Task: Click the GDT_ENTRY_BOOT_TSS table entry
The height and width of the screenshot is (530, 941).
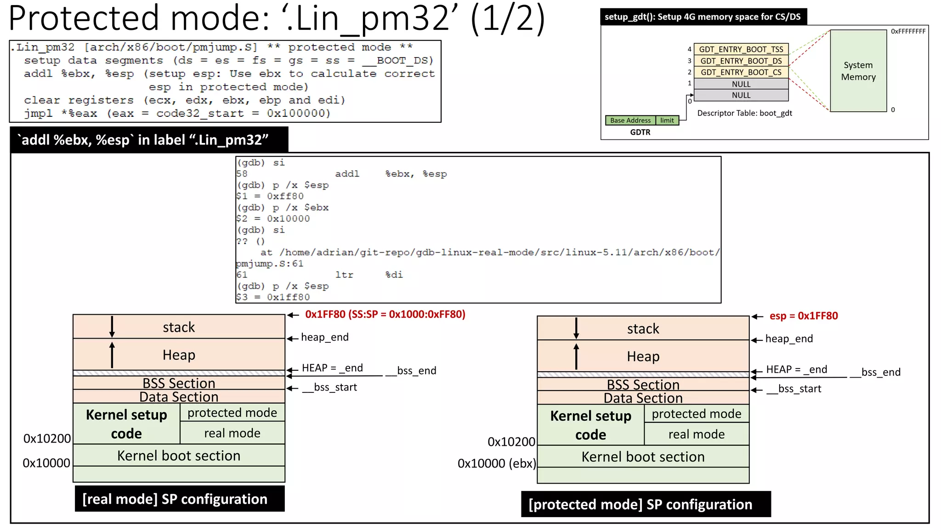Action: (x=741, y=49)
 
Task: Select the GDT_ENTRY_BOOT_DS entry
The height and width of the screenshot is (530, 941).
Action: (x=741, y=61)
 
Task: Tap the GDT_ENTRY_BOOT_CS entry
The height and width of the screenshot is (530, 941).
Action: (x=741, y=72)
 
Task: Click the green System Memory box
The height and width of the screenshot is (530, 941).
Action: (x=858, y=71)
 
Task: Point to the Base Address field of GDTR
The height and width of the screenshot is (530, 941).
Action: (x=630, y=121)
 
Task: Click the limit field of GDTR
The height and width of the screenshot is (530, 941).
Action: (x=667, y=121)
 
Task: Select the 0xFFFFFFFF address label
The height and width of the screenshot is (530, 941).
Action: (x=908, y=31)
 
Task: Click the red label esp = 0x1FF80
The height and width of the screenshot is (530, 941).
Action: (x=803, y=316)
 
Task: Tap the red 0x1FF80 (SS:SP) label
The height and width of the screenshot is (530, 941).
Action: (x=385, y=314)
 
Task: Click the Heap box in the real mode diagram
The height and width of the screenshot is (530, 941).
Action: (x=179, y=355)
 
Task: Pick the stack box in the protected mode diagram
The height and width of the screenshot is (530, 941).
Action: (x=643, y=328)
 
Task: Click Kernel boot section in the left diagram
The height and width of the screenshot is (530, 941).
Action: (x=179, y=455)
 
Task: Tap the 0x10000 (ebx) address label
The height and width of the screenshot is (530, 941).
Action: (x=496, y=463)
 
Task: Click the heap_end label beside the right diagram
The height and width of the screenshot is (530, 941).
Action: (x=788, y=339)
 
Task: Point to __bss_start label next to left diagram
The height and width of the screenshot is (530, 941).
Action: (x=329, y=387)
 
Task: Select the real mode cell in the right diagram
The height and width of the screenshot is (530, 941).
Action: (x=696, y=434)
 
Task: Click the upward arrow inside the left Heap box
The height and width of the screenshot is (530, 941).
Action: (x=112, y=354)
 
